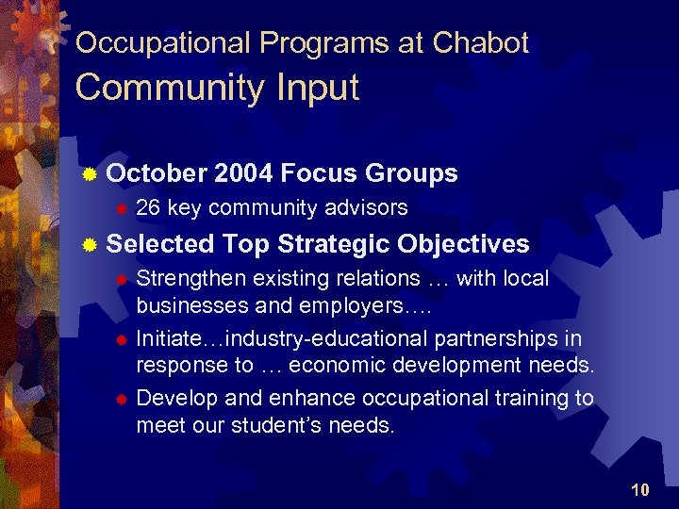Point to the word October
(157, 173)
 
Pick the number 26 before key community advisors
(148, 207)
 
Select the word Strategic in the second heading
(333, 244)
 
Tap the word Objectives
(463, 244)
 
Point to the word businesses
(190, 305)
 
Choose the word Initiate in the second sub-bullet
(169, 338)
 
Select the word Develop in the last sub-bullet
(174, 398)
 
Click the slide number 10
(640, 489)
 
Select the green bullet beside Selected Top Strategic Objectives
(89, 245)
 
